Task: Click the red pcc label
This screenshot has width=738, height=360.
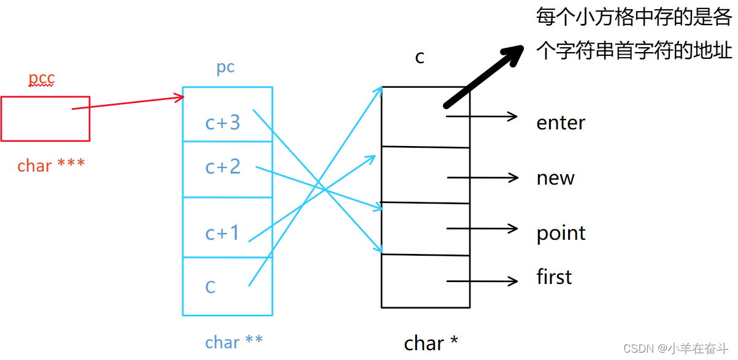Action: point(42,79)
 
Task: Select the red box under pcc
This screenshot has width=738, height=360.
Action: point(45,118)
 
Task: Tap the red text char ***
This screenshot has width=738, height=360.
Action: point(51,166)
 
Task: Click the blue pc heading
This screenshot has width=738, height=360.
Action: point(225,67)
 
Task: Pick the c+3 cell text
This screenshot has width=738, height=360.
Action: point(223,123)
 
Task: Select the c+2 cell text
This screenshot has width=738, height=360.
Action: point(223,167)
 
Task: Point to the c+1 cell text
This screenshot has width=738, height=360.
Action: point(222,233)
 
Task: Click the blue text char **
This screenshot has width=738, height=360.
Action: point(234,342)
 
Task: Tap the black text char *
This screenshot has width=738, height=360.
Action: point(431,343)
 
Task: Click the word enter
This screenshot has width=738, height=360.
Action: point(560,123)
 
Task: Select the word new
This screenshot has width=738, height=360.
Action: point(555,178)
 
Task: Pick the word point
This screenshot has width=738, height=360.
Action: point(561,234)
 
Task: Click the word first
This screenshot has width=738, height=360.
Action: point(554,277)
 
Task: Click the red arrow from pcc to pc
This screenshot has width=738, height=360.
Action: point(129,102)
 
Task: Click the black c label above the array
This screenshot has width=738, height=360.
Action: point(420,57)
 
